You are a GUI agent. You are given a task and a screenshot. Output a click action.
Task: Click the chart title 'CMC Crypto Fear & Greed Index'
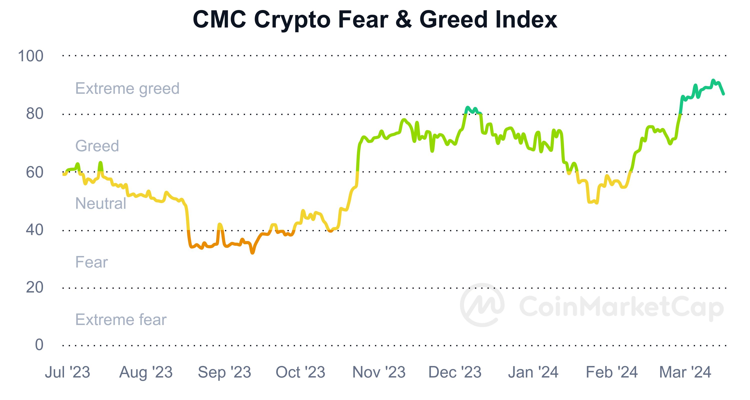(375, 20)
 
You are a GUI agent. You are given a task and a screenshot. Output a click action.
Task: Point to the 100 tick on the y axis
(30, 56)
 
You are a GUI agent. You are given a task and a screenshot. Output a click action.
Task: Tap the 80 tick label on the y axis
(35, 113)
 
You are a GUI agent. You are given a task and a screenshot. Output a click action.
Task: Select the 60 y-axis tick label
(35, 172)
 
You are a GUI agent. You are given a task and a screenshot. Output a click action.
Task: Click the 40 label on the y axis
(35, 230)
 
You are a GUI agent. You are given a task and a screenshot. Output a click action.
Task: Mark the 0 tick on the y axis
(39, 345)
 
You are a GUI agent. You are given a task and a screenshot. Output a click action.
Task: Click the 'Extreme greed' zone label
(127, 88)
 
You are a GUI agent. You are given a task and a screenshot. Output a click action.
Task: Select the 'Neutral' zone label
(100, 203)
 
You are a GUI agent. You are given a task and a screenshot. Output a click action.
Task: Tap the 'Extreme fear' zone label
(121, 320)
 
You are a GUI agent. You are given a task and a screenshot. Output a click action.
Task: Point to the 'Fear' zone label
(91, 262)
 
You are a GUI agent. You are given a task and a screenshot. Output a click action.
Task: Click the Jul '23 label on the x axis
(67, 372)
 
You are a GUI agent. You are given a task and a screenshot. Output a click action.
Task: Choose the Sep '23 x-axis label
(224, 372)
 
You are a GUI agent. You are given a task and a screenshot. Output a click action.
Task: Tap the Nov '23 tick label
(379, 372)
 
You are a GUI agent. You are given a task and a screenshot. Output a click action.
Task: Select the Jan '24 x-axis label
(533, 372)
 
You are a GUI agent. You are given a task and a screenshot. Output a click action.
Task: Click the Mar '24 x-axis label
(685, 372)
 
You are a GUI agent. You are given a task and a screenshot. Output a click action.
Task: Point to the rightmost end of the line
(723, 94)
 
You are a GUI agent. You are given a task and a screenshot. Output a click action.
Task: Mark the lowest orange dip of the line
(252, 253)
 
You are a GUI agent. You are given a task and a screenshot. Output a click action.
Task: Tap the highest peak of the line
(713, 80)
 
